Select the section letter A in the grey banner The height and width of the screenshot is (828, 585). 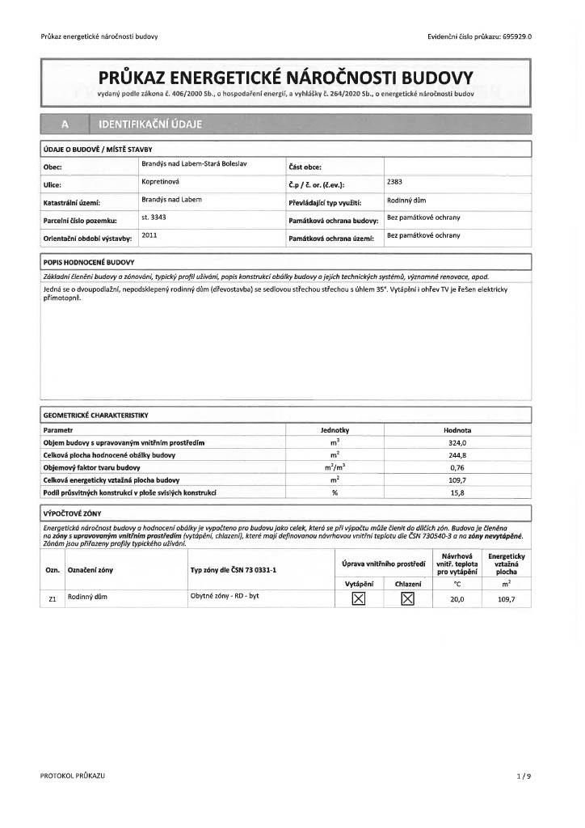[63, 125]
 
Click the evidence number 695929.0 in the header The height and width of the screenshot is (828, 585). [517, 36]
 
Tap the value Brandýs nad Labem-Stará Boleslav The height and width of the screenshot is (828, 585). [194, 164]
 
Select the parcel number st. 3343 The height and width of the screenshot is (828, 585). [154, 218]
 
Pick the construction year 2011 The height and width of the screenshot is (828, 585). [149, 235]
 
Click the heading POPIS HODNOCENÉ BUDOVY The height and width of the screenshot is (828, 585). [88, 263]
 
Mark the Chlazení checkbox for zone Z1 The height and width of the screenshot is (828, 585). [408, 598]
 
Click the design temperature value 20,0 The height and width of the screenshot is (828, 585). [457, 599]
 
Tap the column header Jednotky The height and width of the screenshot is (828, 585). [334, 431]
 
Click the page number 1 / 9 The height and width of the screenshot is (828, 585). [524, 775]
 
